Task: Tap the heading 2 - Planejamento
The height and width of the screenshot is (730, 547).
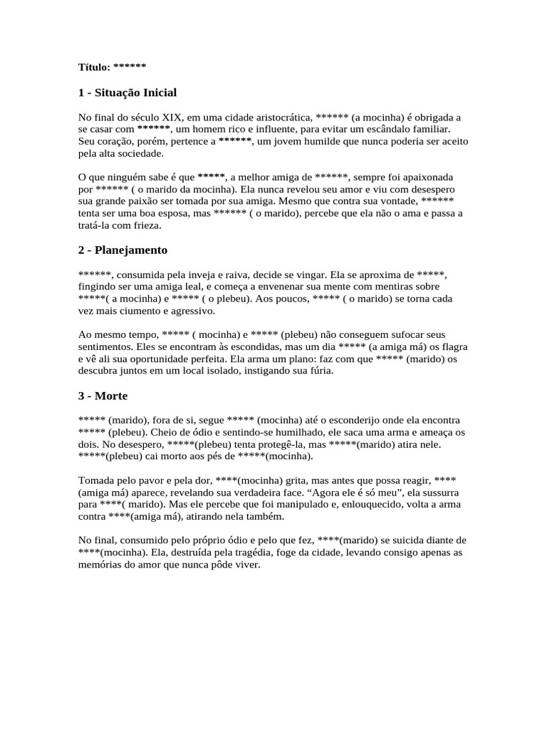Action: [x=123, y=250]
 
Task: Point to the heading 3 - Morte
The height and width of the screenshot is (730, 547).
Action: [x=103, y=395]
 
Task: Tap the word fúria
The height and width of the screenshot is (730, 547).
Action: [x=318, y=371]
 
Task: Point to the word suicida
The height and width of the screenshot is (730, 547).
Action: [x=410, y=540]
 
